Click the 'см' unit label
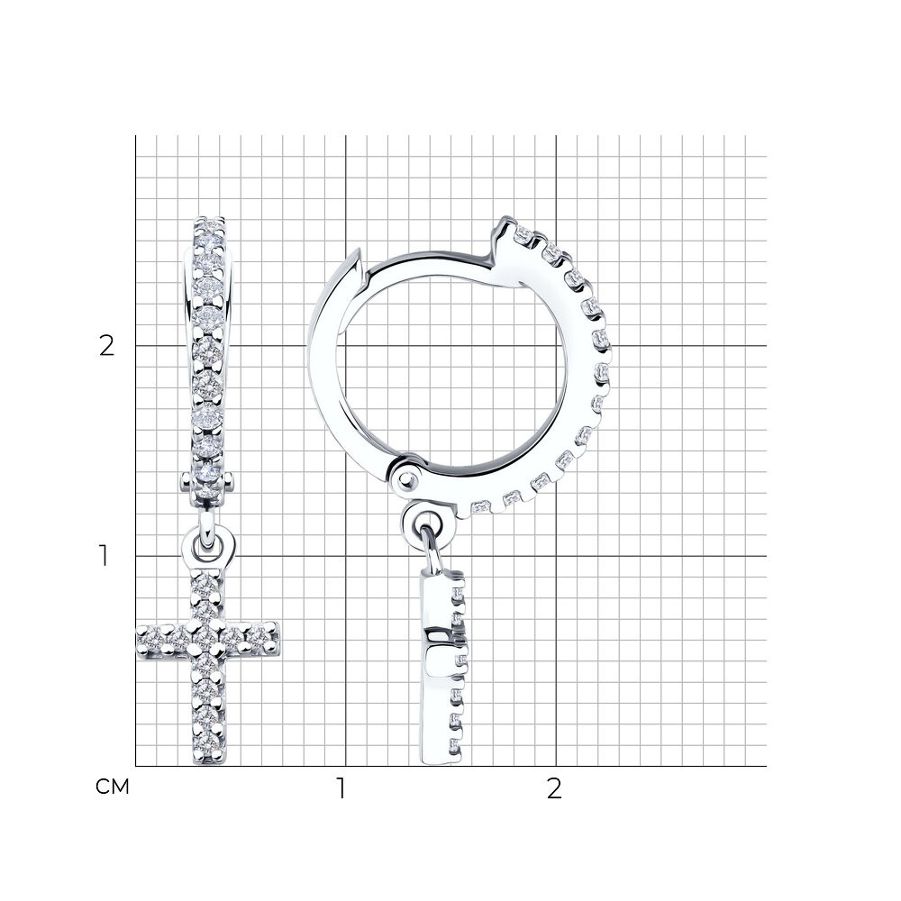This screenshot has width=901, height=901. (x=113, y=787)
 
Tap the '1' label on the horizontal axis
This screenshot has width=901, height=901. (x=341, y=789)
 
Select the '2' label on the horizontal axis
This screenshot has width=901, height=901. (x=553, y=789)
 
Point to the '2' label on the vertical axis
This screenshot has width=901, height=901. (x=107, y=346)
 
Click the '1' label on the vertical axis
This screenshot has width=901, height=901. (x=104, y=556)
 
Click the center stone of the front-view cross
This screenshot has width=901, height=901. (x=206, y=637)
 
